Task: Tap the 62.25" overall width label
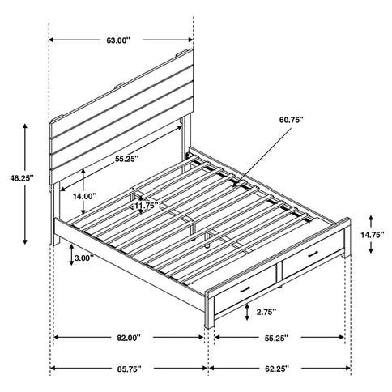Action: click(279, 369)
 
